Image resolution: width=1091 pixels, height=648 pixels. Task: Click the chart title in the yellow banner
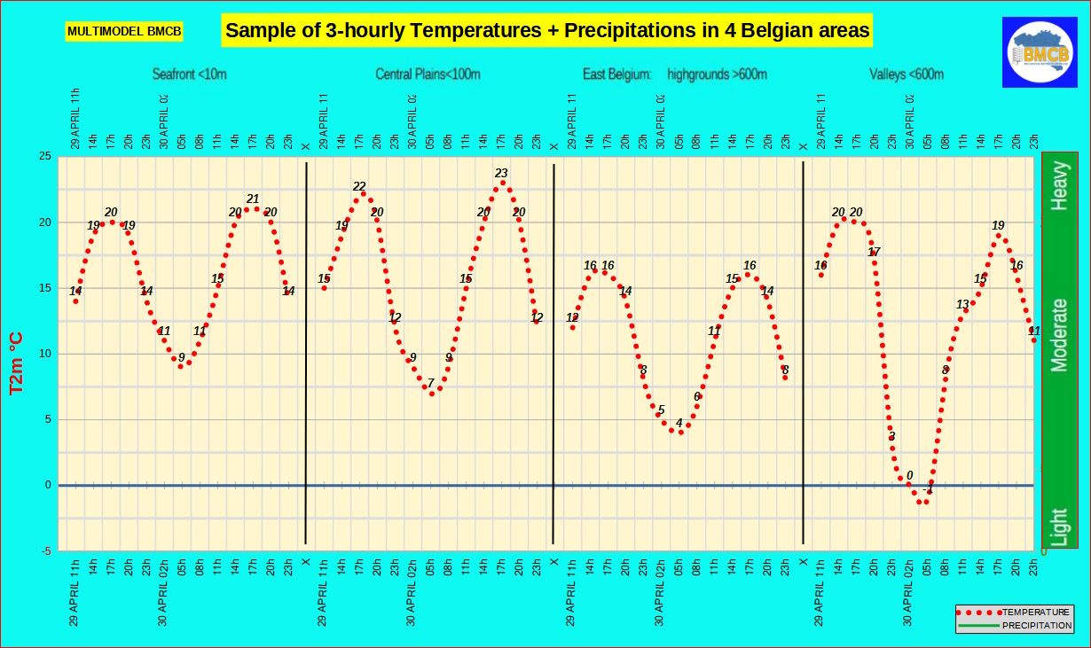[546, 31]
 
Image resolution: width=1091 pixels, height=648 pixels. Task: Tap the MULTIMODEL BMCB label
[124, 32]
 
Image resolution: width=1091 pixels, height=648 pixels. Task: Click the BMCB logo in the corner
[1039, 52]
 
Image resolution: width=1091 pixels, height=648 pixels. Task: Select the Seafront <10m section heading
[189, 74]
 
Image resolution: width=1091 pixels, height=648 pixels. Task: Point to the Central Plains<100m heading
[428, 74]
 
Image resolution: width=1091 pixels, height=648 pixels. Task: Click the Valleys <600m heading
[907, 74]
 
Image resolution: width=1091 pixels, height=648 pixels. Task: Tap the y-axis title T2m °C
[17, 363]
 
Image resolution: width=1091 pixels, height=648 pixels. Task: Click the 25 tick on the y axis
[44, 157]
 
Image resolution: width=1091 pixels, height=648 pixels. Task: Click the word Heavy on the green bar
[1059, 185]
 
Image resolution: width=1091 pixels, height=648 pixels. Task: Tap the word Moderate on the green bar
[1059, 335]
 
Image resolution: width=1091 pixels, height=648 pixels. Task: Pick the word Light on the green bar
[1059, 527]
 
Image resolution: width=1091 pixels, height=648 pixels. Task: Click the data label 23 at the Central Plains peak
[501, 174]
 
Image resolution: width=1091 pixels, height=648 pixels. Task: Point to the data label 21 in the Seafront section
[253, 199]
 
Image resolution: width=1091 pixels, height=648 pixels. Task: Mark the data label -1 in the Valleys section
[929, 490]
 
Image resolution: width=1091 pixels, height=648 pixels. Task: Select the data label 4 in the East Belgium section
[679, 423]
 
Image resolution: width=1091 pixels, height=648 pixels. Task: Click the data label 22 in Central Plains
[359, 187]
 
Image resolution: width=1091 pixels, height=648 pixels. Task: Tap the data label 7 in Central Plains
[431, 384]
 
